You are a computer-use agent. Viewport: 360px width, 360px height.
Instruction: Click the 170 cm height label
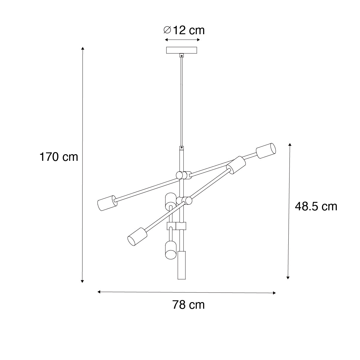coord(59,157)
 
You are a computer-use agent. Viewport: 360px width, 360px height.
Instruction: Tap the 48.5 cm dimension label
coord(316,207)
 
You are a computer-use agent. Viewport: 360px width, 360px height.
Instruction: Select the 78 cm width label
coord(188,305)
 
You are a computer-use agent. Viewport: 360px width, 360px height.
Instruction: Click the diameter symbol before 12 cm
coord(167,30)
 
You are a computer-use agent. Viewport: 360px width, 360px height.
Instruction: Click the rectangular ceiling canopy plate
coord(181,50)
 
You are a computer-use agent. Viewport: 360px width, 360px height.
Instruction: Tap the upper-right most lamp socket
coord(266,151)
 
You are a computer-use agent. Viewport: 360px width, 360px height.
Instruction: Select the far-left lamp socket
coord(107,203)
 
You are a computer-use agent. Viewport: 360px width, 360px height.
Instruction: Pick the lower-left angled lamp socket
coord(137,237)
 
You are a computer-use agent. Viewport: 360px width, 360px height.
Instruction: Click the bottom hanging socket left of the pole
coord(171,250)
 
